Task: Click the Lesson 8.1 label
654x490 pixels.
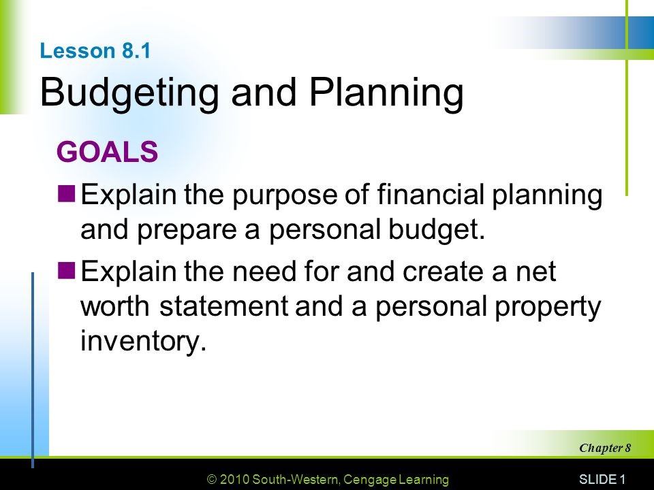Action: tap(95, 52)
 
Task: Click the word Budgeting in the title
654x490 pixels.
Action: tap(130, 93)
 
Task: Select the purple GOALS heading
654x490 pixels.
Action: tap(108, 152)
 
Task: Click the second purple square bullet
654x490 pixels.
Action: tap(67, 272)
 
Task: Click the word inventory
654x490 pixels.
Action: tap(142, 341)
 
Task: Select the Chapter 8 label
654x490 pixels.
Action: tap(606, 448)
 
